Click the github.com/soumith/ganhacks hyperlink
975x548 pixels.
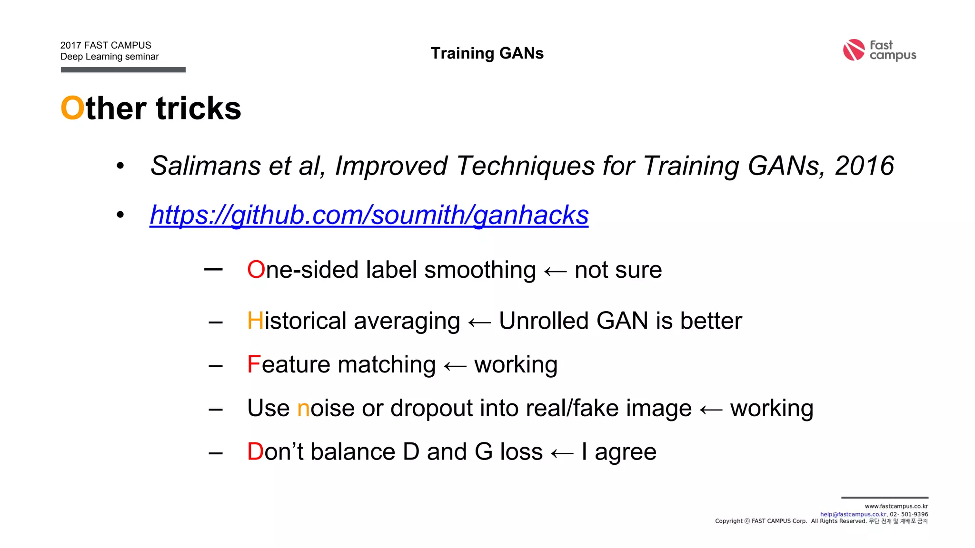(369, 215)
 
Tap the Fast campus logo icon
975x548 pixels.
(854, 50)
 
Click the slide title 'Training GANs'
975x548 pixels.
(487, 53)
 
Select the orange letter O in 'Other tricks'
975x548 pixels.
(72, 108)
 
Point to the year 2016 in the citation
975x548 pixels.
(864, 166)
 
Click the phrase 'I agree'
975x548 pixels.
(619, 452)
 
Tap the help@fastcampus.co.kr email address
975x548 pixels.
(853, 514)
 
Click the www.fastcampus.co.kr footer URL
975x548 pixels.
(896, 507)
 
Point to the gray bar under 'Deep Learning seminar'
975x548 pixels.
(123, 70)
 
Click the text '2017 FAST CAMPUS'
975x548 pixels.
(106, 45)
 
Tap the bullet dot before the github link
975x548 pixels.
(120, 215)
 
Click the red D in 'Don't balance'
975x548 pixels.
(255, 452)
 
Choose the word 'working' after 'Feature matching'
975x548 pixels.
(516, 365)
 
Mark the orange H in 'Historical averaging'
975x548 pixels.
(255, 321)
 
